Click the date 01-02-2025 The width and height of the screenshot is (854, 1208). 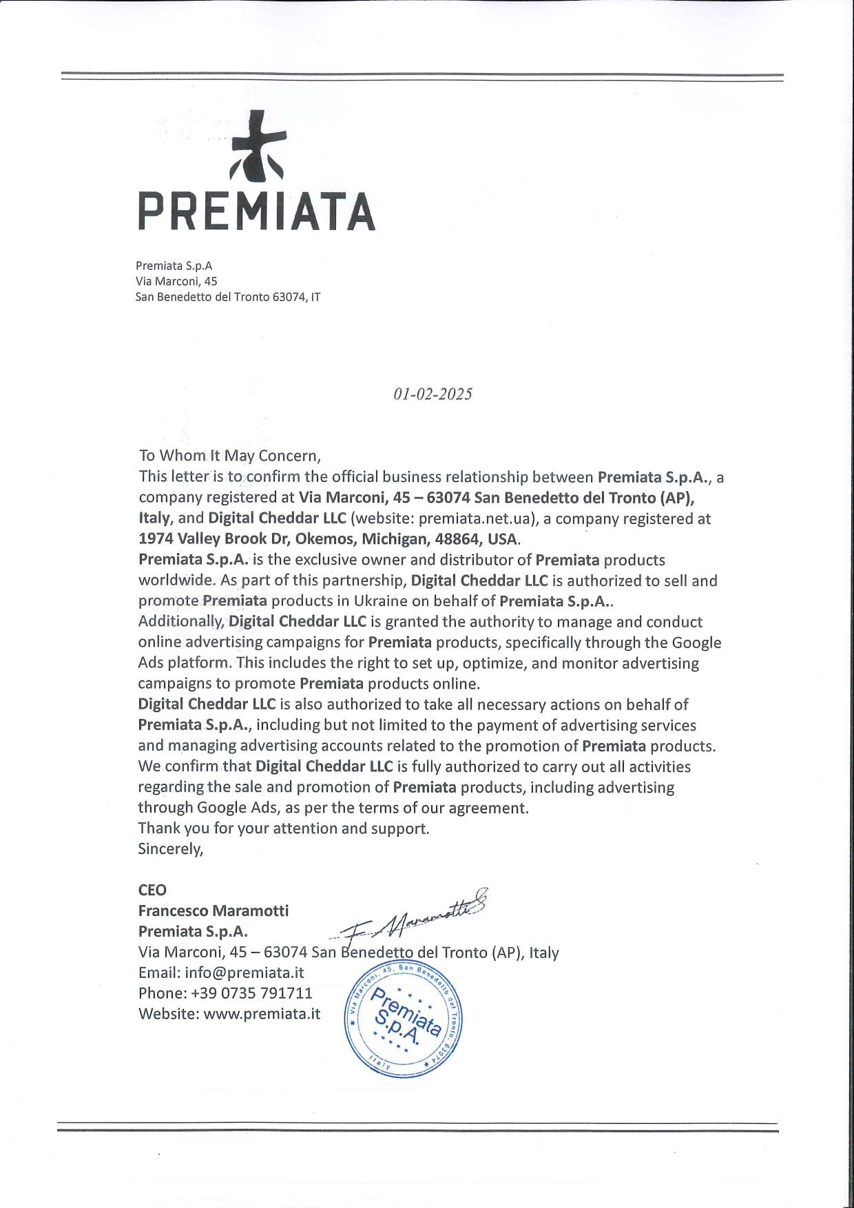(x=433, y=394)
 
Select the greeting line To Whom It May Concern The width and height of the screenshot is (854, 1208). (x=230, y=456)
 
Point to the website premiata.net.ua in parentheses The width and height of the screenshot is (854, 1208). (x=477, y=519)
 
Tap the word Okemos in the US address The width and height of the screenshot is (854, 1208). (x=320, y=539)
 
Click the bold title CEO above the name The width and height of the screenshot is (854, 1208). (x=152, y=891)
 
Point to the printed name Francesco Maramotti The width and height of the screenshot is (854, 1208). (x=213, y=911)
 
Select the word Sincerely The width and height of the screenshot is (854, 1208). (x=171, y=849)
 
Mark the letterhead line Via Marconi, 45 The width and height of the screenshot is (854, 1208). (x=176, y=281)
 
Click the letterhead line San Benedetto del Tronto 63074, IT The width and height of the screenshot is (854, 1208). (x=228, y=298)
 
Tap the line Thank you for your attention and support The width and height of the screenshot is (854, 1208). (x=284, y=829)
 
